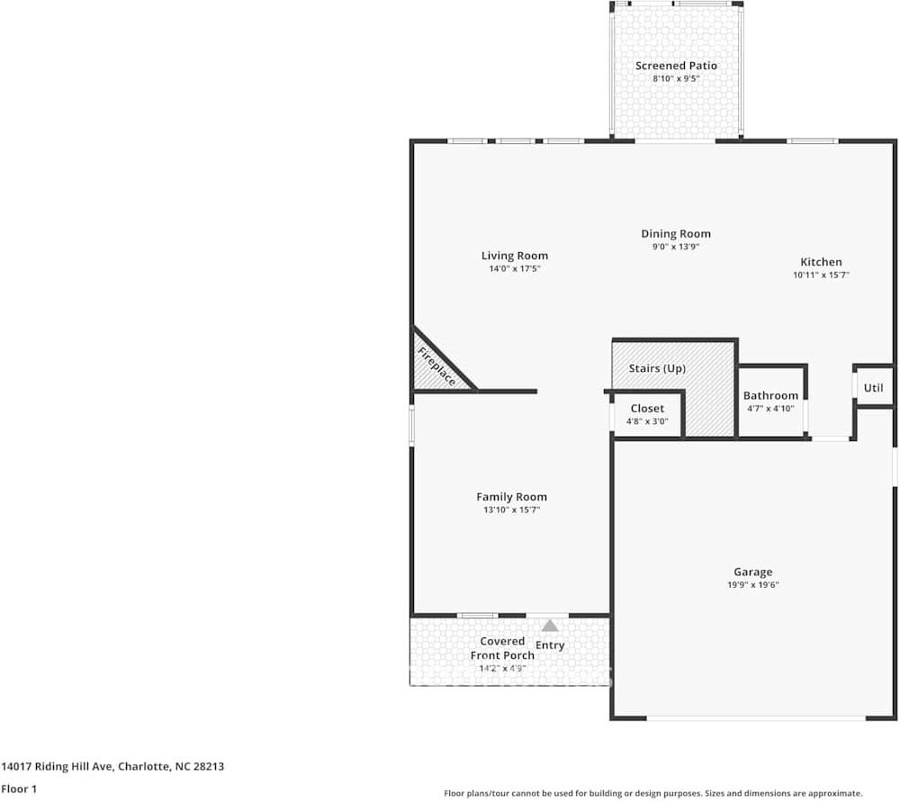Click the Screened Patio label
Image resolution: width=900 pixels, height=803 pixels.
coord(676,66)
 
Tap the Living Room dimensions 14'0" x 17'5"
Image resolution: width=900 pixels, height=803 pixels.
coord(514,268)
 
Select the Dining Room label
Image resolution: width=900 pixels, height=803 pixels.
coord(676,234)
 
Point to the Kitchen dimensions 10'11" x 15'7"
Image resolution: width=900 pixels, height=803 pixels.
coord(821,275)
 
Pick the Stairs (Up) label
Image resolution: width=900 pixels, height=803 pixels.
coord(657,369)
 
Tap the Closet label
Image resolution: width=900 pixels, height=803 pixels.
coord(647,409)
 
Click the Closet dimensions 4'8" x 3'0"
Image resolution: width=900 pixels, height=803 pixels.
coord(647,421)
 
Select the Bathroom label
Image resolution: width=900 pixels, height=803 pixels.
coord(770,395)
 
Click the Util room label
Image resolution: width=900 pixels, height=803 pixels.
coord(873,388)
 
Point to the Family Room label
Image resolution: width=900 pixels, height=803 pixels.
coord(511,497)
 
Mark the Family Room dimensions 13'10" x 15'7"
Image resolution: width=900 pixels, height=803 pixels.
coord(511,510)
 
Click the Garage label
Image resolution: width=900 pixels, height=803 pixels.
coord(752,572)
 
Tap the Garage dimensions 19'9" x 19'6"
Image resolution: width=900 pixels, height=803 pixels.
coord(752,584)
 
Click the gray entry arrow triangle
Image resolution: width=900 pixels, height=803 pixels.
coord(549,625)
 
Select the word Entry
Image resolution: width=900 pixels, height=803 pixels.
coord(550,645)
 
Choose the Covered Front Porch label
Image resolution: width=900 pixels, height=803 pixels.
coord(502,648)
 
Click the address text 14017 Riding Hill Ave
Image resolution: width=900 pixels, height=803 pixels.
coord(58,767)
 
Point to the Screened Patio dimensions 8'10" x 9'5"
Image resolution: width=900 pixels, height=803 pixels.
coord(676,78)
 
